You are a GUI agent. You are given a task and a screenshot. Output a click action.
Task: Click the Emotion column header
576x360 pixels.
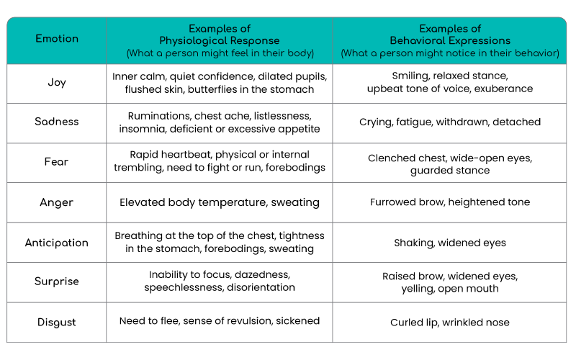[57, 39]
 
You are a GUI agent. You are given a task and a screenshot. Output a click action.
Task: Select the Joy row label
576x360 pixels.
[57, 82]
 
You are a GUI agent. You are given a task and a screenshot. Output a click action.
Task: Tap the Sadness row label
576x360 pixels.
[57, 122]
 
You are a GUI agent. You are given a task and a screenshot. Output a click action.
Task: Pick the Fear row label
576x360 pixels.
[56, 161]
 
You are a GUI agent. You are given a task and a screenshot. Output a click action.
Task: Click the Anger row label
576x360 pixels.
[57, 202]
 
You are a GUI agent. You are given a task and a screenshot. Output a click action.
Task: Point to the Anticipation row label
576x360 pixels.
[57, 243]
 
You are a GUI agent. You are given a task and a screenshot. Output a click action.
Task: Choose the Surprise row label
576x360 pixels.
[57, 282]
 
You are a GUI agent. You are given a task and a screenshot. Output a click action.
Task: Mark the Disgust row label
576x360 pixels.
[57, 322]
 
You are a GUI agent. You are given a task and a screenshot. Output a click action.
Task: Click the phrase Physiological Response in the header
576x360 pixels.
[220, 40]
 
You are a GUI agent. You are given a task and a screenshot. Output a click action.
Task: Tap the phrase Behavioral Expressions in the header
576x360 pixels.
[450, 40]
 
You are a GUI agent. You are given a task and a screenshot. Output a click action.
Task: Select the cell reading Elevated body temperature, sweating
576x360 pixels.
[220, 202]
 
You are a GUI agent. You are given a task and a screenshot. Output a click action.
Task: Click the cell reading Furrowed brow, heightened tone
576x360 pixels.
[450, 202]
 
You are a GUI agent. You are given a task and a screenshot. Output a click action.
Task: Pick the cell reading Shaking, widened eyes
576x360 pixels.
[450, 243]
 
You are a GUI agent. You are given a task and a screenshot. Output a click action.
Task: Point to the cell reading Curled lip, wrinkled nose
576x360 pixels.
[450, 323]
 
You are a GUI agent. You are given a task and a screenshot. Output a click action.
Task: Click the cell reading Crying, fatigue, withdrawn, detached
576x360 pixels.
[450, 122]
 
